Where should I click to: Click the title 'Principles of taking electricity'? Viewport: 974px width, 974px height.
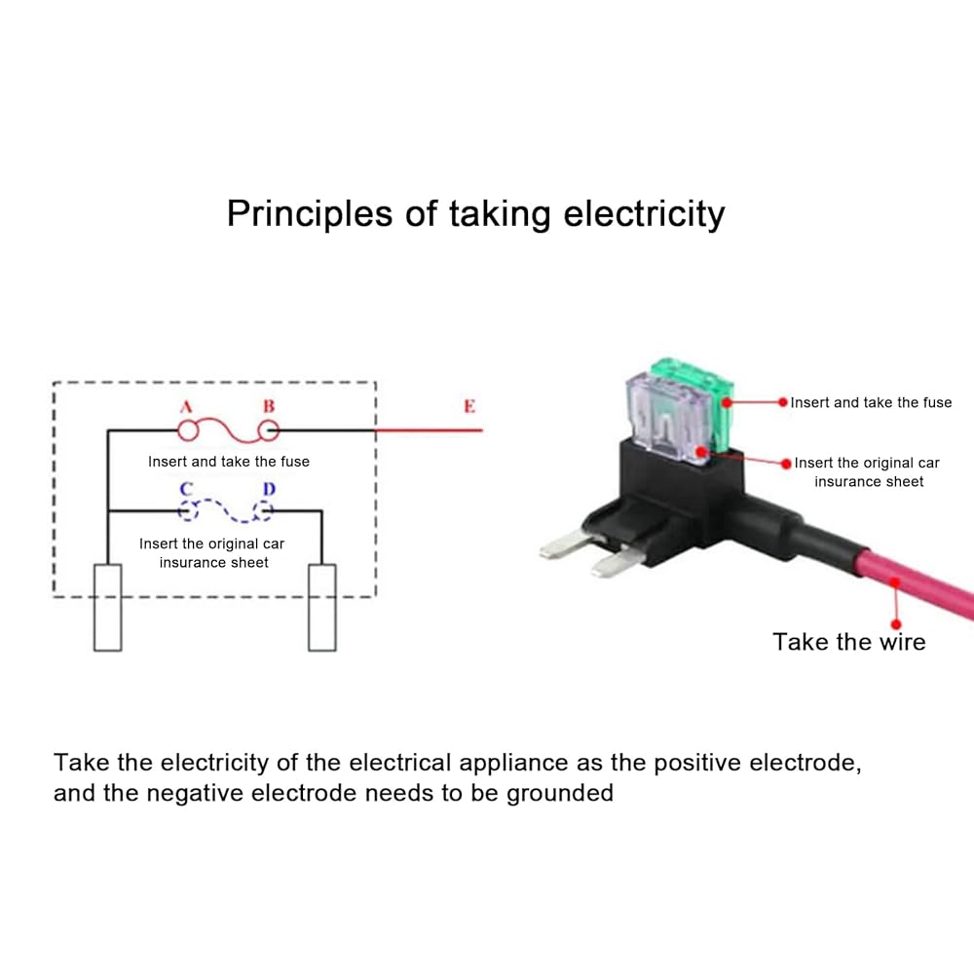point(476,214)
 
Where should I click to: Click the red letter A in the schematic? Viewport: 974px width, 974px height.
point(186,407)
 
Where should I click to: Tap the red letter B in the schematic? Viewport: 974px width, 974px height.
point(269,406)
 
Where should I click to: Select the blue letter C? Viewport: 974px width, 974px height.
point(186,490)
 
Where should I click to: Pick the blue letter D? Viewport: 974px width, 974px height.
point(269,490)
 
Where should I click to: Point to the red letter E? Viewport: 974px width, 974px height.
point(469,406)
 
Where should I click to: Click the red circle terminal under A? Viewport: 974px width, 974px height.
point(188,430)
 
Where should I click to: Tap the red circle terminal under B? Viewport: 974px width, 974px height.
point(269,430)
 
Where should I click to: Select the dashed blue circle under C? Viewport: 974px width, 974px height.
point(188,510)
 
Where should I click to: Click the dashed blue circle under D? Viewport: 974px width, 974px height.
point(263,510)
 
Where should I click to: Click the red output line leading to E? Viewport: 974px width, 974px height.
point(429,430)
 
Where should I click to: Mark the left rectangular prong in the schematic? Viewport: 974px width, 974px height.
point(107,607)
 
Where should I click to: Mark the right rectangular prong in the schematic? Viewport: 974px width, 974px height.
point(321,607)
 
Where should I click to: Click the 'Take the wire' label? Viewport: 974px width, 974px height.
point(849,642)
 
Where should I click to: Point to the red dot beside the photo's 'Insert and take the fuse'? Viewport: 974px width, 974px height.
point(783,402)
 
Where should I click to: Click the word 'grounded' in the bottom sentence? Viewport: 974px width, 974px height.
point(560,794)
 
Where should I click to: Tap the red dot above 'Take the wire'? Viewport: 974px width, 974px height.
point(896,624)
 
